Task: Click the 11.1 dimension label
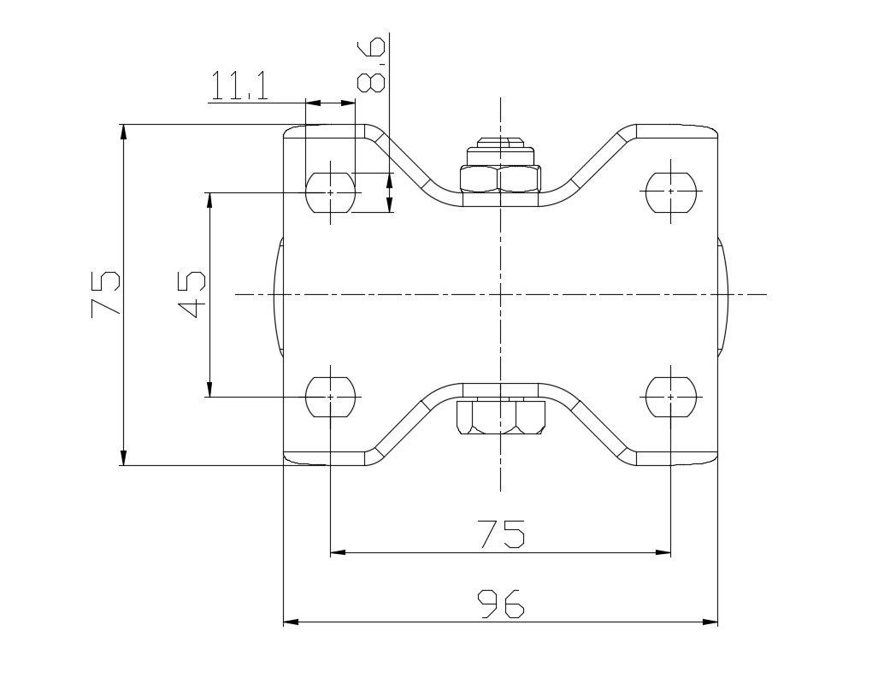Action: click(x=239, y=85)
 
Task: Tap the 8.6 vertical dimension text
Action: click(x=372, y=64)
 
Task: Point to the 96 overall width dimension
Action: click(x=501, y=604)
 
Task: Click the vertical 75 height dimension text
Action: click(x=105, y=294)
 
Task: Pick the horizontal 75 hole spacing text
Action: click(x=501, y=534)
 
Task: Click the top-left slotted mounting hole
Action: click(x=330, y=192)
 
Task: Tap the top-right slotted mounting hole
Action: click(x=670, y=192)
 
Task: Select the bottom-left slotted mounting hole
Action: click(x=330, y=397)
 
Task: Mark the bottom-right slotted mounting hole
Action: click(x=670, y=397)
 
